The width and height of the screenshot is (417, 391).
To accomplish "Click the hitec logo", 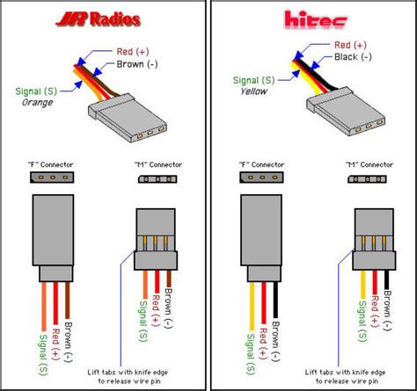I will tap(310, 18).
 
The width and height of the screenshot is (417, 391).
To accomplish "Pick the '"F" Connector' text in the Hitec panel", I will tap(260, 163).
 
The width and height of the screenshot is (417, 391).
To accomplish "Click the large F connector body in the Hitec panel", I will tap(260, 238).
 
